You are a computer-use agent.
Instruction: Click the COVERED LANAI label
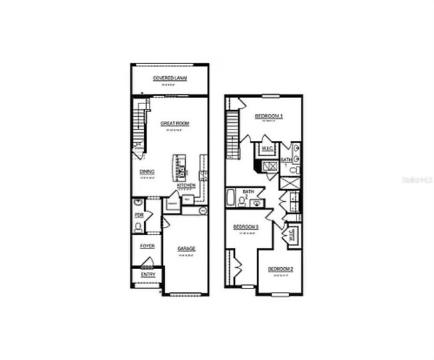tap(170, 78)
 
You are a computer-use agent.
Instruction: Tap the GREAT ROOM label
tap(175, 124)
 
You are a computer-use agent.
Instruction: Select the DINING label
tap(147, 172)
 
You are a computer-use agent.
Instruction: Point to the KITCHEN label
tap(186, 185)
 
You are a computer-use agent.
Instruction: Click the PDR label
tap(139, 215)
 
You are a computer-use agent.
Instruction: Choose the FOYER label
tap(147, 246)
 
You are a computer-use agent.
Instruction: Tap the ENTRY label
tap(148, 274)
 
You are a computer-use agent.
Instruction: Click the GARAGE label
tap(186, 249)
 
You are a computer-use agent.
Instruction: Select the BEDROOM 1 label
tap(269, 116)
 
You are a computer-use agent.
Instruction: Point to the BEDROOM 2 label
tap(280, 269)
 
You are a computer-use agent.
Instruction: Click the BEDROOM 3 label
tap(246, 228)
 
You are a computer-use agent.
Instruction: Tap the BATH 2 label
tap(248, 194)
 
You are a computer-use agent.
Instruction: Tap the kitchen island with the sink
tap(179, 167)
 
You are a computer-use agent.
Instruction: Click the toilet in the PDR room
tap(138, 227)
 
